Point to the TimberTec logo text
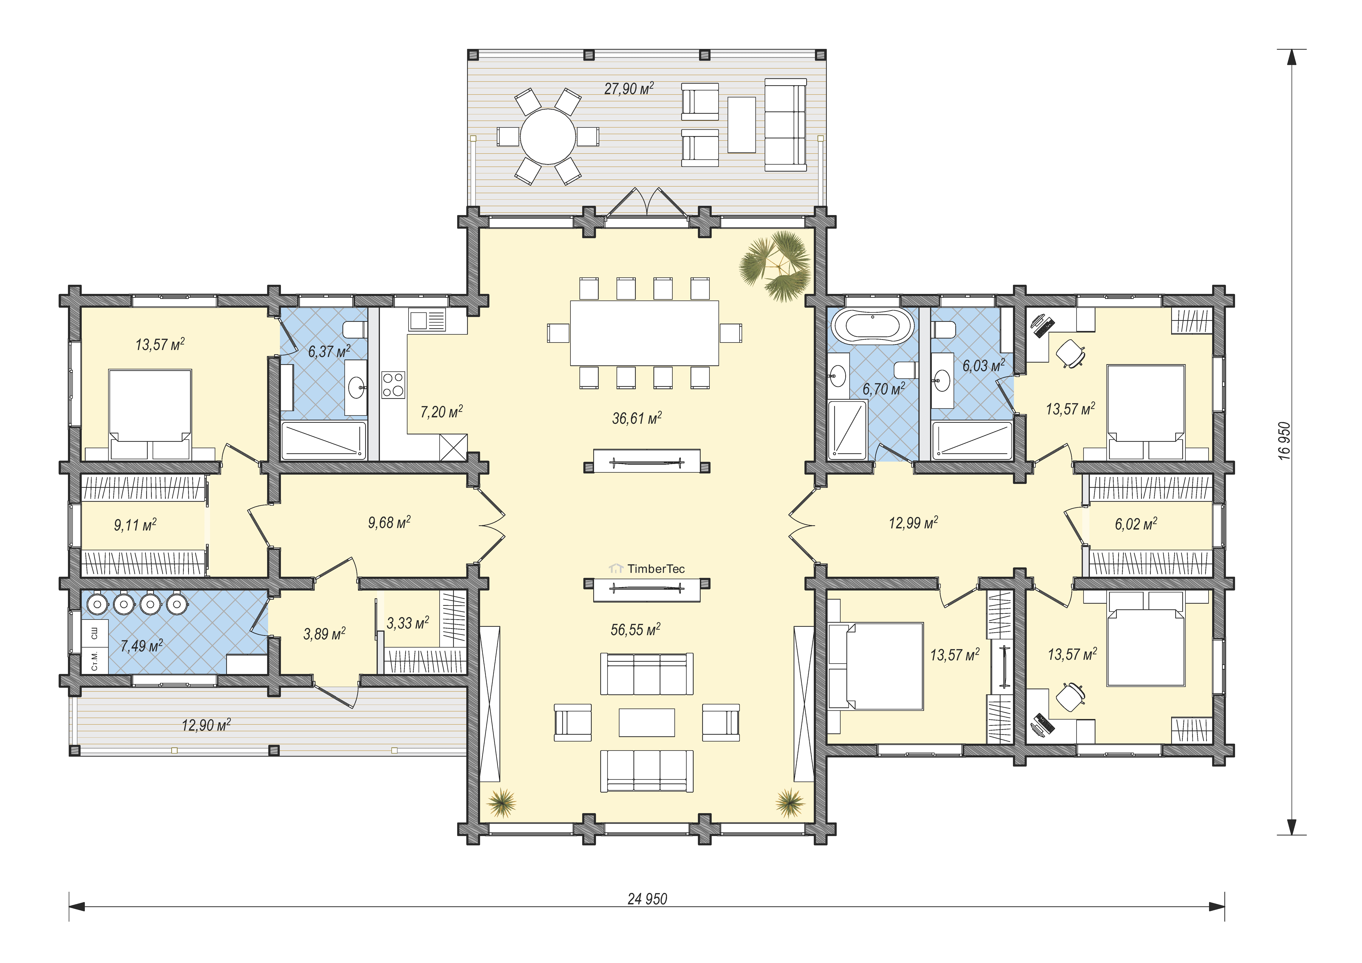656,568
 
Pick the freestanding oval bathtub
872,326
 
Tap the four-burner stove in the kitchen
393,385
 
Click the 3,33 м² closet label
407,623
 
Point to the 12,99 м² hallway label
913,523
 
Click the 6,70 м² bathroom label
883,389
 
